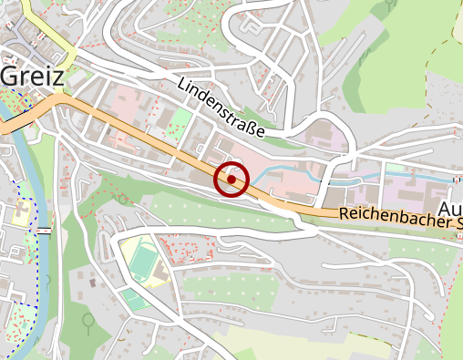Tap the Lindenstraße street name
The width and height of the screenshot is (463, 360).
221,108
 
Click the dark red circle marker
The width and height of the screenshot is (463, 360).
231,180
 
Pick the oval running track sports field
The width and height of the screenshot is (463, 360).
141,260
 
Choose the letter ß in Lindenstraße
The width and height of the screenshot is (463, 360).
249,127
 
